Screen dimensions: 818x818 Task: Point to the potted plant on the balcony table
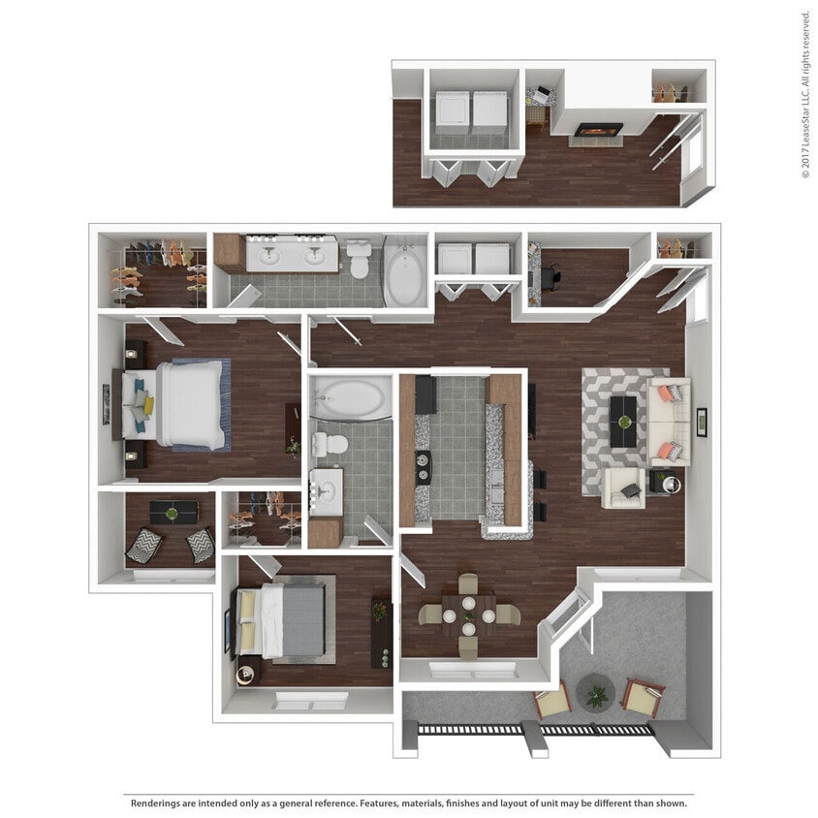point(595,694)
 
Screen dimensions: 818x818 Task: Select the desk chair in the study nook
point(551,277)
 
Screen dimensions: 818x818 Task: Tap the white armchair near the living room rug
point(621,488)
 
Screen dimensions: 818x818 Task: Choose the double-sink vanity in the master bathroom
point(290,255)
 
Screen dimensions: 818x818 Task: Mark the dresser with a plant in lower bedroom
point(381,631)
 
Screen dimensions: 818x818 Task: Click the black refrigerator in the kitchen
point(425,394)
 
